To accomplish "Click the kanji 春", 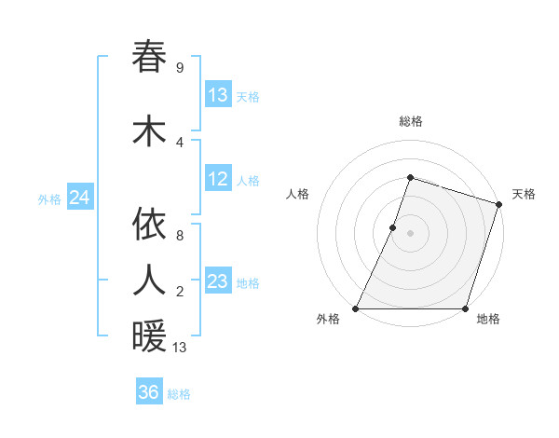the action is tap(149, 57).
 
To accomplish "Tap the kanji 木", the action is tap(149, 130).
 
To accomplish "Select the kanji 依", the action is tap(149, 225).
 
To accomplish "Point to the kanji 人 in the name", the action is tap(149, 280).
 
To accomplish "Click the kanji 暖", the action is tap(149, 336).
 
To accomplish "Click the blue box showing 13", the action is tap(218, 95).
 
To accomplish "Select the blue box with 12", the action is tap(218, 180).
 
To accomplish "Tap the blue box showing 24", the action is tap(79, 198).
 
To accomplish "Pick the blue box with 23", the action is tap(218, 281).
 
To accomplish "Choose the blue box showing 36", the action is tap(148, 392).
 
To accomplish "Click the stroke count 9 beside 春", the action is tap(179, 68).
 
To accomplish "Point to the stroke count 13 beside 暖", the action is tap(181, 349).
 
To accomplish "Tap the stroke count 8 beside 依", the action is tap(179, 236).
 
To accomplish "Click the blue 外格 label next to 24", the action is tap(49, 198).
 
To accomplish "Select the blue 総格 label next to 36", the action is tap(179, 393).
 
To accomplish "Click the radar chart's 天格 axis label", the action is tap(524, 194).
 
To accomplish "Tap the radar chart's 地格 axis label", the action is tap(488, 320).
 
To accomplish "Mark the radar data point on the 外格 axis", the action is tap(356, 308).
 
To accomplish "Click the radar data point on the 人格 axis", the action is tap(393, 226).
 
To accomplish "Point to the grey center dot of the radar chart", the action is tap(410, 233).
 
